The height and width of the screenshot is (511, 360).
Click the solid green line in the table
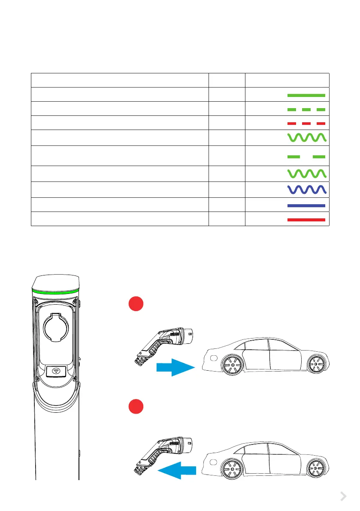pos(306,95)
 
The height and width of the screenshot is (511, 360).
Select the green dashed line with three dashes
pos(306,110)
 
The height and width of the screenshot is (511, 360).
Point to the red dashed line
pos(306,123)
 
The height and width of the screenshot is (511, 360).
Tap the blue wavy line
pos(306,189)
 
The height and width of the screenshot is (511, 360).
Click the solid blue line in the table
pos(306,206)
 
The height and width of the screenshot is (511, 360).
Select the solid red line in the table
pos(306,219)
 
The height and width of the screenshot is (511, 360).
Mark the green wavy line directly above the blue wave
pos(306,174)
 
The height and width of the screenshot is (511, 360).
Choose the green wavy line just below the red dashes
pos(306,138)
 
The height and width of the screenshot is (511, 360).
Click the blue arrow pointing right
pos(173,367)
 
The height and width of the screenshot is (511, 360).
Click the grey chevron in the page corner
pos(343,496)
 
